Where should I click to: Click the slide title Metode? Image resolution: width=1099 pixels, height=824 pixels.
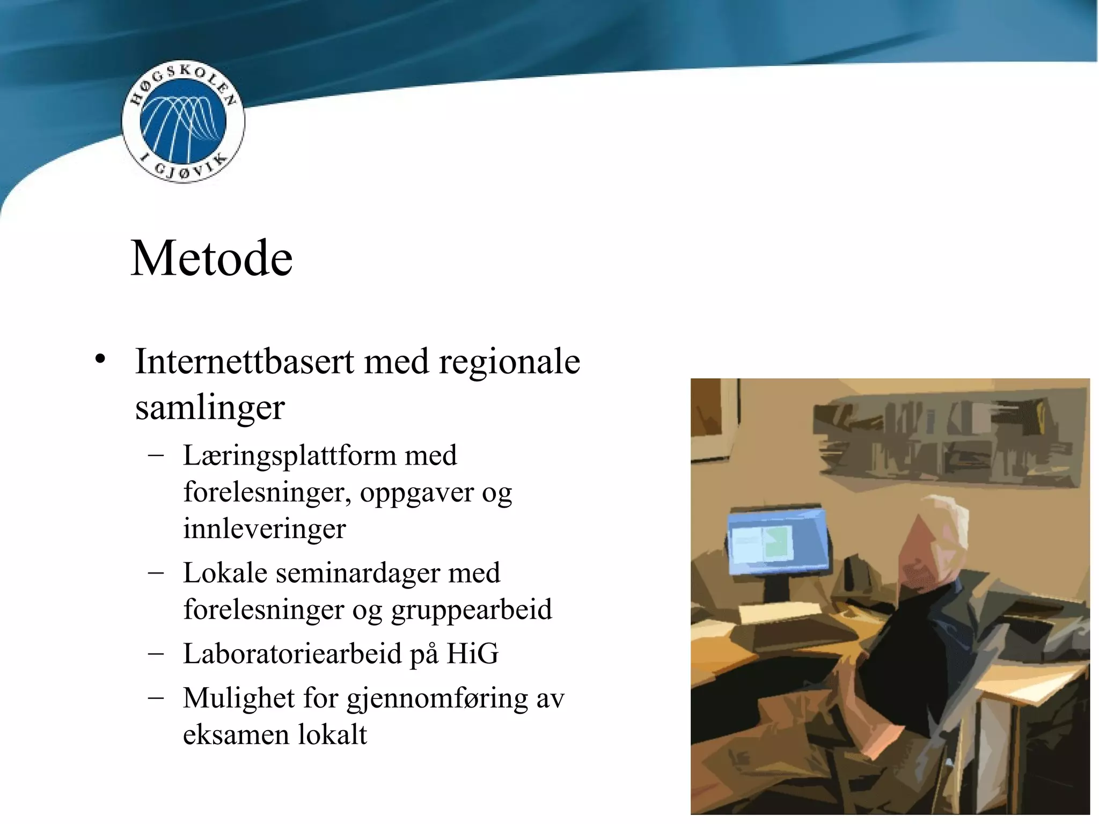pyautogui.click(x=211, y=259)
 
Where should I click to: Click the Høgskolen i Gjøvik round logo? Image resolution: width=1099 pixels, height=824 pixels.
pyautogui.click(x=183, y=122)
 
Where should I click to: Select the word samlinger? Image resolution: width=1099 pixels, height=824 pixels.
pyautogui.click(x=210, y=408)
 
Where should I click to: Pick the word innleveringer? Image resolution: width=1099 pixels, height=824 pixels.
pyautogui.click(x=265, y=529)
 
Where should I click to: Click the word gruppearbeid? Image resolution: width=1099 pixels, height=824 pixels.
pyautogui.click(x=471, y=610)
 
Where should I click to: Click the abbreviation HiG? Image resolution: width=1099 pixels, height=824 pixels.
pyautogui.click(x=472, y=654)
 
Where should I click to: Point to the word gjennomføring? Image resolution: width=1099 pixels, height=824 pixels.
pyautogui.click(x=437, y=700)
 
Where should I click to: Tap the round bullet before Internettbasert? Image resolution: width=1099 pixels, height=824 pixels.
pyautogui.click(x=99, y=360)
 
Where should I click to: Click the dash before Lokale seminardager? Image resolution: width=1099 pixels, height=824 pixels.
pyautogui.click(x=156, y=573)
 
